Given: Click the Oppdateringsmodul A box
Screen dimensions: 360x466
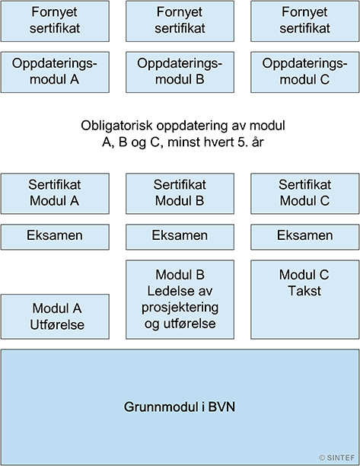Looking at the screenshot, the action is (55, 72).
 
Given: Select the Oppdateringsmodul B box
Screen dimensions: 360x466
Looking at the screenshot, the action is (180, 72).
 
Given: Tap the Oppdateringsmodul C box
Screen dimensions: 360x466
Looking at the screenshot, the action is (305, 72).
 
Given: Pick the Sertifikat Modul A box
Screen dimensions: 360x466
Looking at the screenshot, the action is (55, 193).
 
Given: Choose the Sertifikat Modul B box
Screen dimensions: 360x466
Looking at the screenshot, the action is (180, 193).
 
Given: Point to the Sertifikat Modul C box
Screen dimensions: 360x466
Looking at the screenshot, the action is (305, 193).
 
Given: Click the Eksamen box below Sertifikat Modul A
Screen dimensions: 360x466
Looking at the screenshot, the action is (55, 237).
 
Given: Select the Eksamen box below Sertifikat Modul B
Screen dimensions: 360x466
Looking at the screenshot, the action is (180, 237).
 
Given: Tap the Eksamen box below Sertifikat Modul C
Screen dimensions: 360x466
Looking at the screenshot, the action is (305, 237).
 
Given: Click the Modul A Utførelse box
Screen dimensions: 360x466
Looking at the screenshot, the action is (55, 317).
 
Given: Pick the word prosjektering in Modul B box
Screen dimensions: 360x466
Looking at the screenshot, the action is (180, 308).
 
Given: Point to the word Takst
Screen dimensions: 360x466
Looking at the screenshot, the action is (304, 291).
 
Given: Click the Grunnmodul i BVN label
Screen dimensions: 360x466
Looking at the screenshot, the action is (180, 407).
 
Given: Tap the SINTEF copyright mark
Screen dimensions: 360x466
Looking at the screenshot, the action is (336, 458).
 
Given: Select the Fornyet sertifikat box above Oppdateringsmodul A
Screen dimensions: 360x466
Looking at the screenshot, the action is (55, 21).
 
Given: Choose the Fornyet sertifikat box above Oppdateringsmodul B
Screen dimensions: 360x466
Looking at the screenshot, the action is (180, 21).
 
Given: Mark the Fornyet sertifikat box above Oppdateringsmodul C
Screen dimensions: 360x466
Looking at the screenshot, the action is (305, 21).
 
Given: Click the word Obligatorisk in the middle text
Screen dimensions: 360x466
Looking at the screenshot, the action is (116, 126).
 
